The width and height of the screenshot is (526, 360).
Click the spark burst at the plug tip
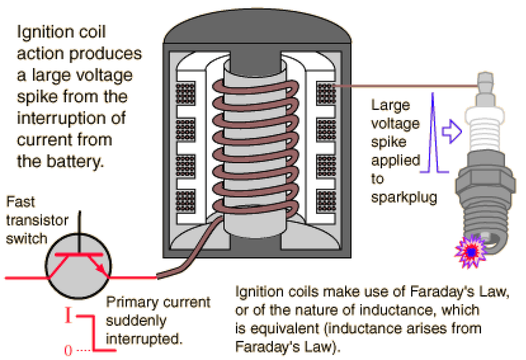coord(470,252)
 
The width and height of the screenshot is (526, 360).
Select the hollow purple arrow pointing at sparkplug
coord(451,130)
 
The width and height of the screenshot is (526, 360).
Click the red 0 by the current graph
coord(68,350)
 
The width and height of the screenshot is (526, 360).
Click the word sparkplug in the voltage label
coord(404,198)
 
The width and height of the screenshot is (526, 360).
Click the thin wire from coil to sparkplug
coord(403,86)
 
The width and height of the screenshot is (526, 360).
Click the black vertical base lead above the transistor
coord(79,226)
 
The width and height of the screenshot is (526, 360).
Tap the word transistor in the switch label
coord(37,221)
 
